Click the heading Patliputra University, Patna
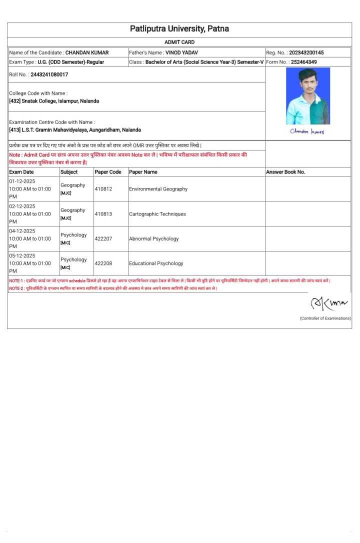tap(179, 29)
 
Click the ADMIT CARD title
tap(179, 42)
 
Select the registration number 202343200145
tap(306, 52)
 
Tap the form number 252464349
tap(303, 62)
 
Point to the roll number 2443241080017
tap(49, 74)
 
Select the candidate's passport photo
tap(307, 96)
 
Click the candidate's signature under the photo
tap(307, 131)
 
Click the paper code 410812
tap(103, 189)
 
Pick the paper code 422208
tap(103, 263)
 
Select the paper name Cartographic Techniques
tap(157, 214)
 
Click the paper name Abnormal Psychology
tap(154, 238)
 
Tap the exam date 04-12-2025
tap(22, 231)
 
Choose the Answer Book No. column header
tap(285, 172)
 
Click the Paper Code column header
tap(108, 172)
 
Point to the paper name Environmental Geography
tap(158, 189)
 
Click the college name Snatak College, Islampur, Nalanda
tap(60, 101)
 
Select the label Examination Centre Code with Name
tap(52, 122)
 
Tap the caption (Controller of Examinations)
tap(325, 318)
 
